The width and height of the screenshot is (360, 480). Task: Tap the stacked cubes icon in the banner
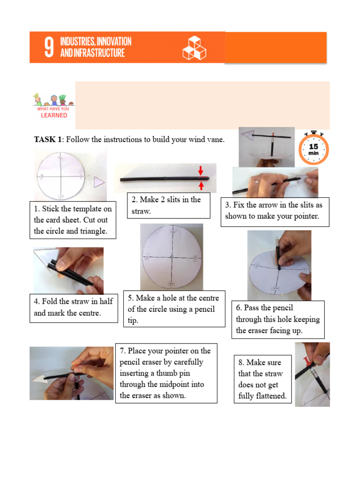[x=194, y=48]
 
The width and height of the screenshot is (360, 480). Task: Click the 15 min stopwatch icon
[x=313, y=149]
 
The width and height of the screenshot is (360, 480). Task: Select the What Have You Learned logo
[x=52, y=105]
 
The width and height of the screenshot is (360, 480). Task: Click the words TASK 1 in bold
[x=48, y=140]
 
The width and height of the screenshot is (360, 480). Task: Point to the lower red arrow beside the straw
[x=201, y=186]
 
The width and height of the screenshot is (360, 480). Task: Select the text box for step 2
[x=168, y=205]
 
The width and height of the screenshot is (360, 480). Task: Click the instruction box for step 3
[x=275, y=211]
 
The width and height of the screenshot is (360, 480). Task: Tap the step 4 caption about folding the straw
[x=74, y=307]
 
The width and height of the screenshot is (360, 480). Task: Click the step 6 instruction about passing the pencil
[x=278, y=319]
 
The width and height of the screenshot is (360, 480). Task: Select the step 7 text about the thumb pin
[x=166, y=373]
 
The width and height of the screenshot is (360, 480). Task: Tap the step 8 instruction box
[x=262, y=379]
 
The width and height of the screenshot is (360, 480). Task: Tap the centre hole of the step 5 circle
[x=172, y=257]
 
